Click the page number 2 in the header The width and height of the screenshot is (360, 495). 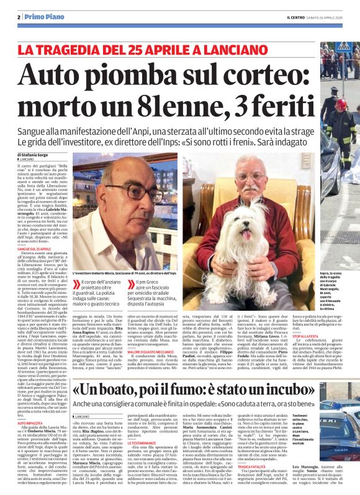19,17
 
